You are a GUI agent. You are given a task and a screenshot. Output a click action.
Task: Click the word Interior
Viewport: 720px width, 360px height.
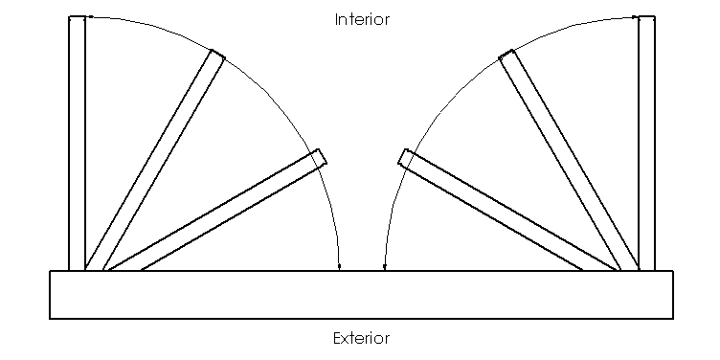[x=362, y=19]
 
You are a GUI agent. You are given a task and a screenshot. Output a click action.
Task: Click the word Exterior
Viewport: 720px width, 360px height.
[x=362, y=338]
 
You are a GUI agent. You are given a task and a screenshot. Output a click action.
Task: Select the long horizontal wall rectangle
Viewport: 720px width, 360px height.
[x=361, y=294]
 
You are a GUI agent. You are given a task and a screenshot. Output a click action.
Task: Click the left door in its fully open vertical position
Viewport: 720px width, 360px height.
[x=77, y=144]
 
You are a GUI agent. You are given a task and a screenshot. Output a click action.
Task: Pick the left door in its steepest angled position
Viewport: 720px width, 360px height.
[x=153, y=163]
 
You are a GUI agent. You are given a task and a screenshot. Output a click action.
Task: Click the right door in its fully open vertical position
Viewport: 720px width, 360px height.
[x=646, y=144]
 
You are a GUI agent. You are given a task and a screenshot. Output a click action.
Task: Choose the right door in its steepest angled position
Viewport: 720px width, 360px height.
[x=570, y=163]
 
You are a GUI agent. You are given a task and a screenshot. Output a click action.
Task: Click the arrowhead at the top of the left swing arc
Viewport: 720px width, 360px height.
[x=90, y=17]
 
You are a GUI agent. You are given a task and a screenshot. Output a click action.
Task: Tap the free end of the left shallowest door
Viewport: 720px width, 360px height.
[x=321, y=157]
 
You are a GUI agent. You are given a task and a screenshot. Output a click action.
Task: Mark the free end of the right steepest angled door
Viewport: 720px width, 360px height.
[x=507, y=56]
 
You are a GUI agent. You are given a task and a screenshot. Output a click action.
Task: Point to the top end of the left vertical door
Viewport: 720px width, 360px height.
[x=77, y=18]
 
